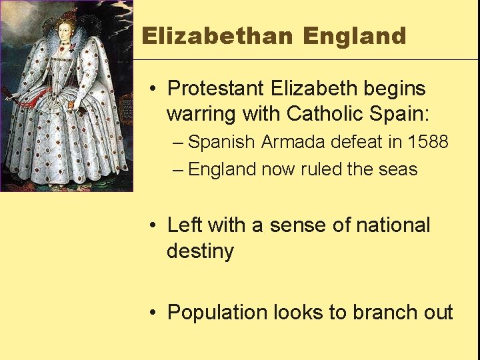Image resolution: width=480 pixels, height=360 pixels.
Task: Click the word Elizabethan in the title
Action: (x=217, y=36)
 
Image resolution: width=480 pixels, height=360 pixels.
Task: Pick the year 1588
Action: (x=429, y=142)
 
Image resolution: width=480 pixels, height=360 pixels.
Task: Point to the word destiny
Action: (x=200, y=252)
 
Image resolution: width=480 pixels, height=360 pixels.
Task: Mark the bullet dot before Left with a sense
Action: (x=153, y=226)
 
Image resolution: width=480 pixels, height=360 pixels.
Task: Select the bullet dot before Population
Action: (x=153, y=313)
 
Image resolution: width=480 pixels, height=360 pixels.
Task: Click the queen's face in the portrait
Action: (x=65, y=31)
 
